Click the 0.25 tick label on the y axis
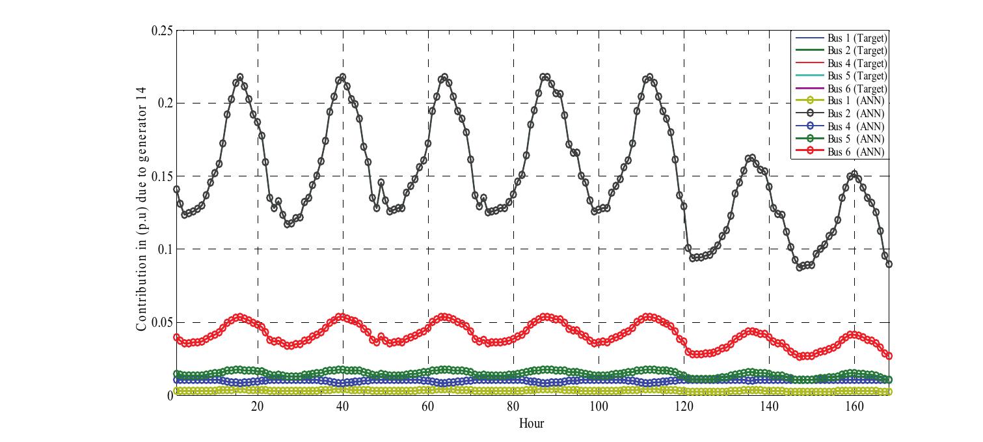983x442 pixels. click(x=161, y=31)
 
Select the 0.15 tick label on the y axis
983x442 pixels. click(x=161, y=176)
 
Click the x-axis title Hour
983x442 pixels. click(x=532, y=424)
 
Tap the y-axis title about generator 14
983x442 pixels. click(x=141, y=209)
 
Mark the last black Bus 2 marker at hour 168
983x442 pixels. click(x=889, y=264)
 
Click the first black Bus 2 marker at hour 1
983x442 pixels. click(x=176, y=189)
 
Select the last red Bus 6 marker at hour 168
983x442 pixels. click(x=889, y=355)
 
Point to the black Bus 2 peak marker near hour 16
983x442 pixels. click(x=240, y=77)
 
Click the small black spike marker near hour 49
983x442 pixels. click(x=381, y=182)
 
